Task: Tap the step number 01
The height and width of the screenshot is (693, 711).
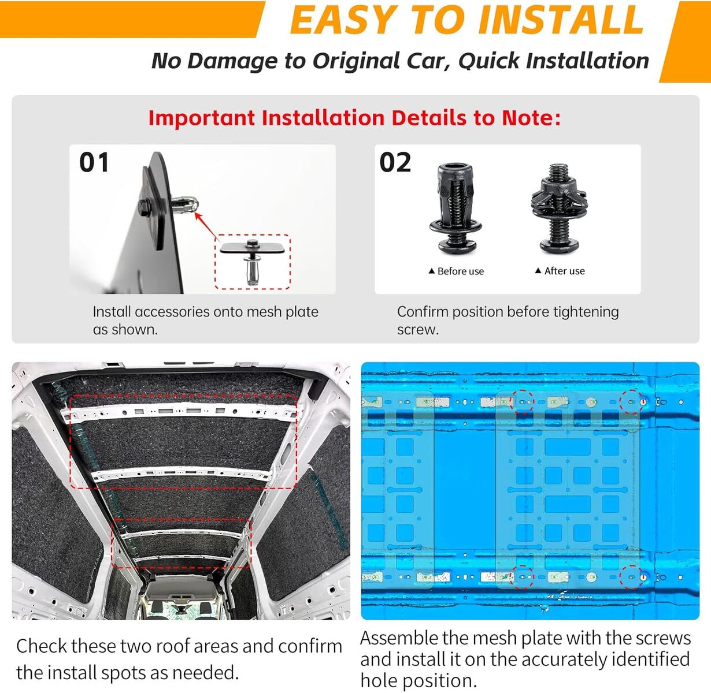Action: [94, 162]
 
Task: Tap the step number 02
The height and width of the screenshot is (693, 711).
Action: [395, 162]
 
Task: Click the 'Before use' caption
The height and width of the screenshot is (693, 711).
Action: [456, 271]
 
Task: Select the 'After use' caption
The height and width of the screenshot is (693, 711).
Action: [560, 271]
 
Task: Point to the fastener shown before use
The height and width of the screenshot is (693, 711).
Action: [454, 208]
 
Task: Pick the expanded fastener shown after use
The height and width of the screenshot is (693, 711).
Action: [558, 208]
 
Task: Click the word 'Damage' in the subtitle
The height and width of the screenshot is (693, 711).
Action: [232, 61]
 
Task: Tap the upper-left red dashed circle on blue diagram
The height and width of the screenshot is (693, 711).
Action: [523, 401]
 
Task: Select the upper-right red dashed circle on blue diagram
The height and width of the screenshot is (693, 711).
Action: [631, 401]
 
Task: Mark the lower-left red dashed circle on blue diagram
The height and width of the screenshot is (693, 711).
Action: [523, 577]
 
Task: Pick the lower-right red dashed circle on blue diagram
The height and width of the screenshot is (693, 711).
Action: [631, 577]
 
